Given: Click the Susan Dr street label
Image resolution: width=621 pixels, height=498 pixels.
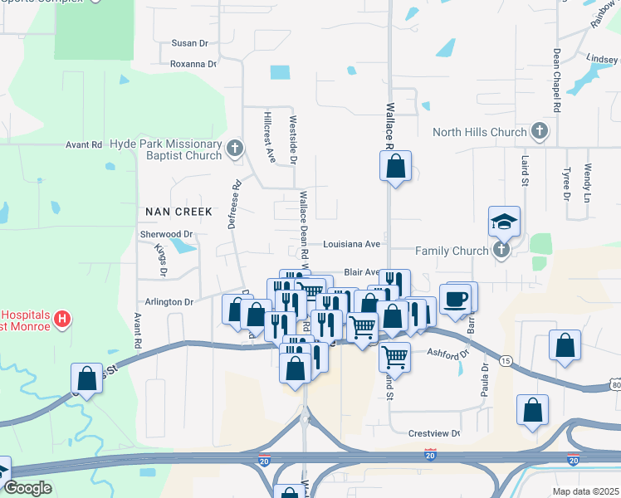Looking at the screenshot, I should pos(189,43).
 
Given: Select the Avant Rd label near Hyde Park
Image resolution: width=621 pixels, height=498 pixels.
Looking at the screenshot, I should pos(84,144).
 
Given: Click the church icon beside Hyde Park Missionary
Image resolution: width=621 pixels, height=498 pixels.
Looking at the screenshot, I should pos(235,149).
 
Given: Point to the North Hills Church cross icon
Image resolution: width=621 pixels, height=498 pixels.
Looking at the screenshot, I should pos(540,131).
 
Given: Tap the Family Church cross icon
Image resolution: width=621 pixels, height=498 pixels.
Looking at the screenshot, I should pos(501,250).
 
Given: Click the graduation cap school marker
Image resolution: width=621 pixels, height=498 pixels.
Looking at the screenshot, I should pos(503,222).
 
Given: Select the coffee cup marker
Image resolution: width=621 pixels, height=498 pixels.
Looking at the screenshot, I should pos(456,300).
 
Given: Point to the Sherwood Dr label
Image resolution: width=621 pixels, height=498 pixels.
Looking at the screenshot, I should pos(166,235).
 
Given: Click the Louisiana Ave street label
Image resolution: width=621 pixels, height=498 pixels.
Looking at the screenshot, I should pos(351,244).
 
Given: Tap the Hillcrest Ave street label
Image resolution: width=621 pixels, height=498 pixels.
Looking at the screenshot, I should pos(269,137).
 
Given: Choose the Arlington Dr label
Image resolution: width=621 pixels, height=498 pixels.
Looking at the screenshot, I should pos(169,302).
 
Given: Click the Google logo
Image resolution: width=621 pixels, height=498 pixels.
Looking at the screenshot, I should pos(27,488).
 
